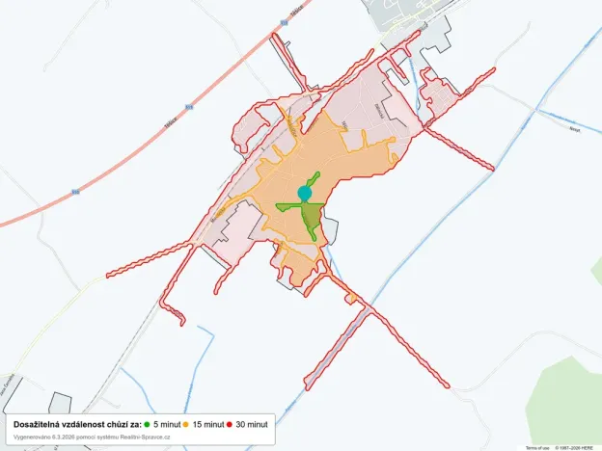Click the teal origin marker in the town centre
point(305,194)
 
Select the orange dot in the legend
point(186,424)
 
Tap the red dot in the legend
point(230,424)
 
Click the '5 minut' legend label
point(166,424)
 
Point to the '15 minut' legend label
point(208,424)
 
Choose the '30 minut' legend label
point(252,424)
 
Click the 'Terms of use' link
point(537,447)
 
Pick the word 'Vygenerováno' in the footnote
point(31,437)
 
